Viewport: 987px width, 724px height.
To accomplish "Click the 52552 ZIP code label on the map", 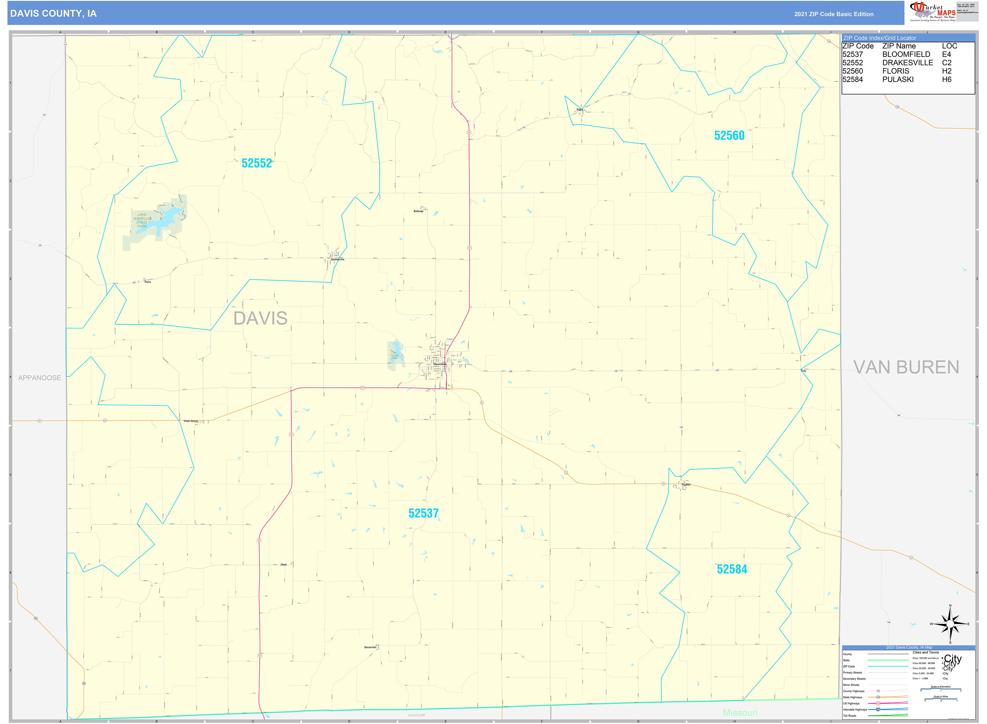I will pos(257,163).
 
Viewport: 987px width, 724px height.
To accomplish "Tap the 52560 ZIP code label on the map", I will pos(729,136).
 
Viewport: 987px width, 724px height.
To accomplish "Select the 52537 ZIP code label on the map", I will pos(423,513).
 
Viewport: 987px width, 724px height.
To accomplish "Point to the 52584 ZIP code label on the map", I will pos(732,569).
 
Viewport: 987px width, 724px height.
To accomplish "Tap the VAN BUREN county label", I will pos(906,367).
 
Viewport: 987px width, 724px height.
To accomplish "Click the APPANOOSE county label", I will pos(40,378).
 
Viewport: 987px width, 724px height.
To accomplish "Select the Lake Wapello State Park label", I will pos(142,221).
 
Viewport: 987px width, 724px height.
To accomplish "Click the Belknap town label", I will pos(418,211).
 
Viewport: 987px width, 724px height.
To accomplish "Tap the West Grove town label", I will pos(191,421).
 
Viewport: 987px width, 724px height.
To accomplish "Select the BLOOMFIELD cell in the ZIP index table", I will pos(906,54).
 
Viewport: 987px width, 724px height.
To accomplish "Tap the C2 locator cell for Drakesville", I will pos(946,63).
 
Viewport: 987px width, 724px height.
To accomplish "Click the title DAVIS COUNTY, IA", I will pos(54,14).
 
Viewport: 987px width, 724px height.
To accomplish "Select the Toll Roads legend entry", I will pos(849,716).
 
